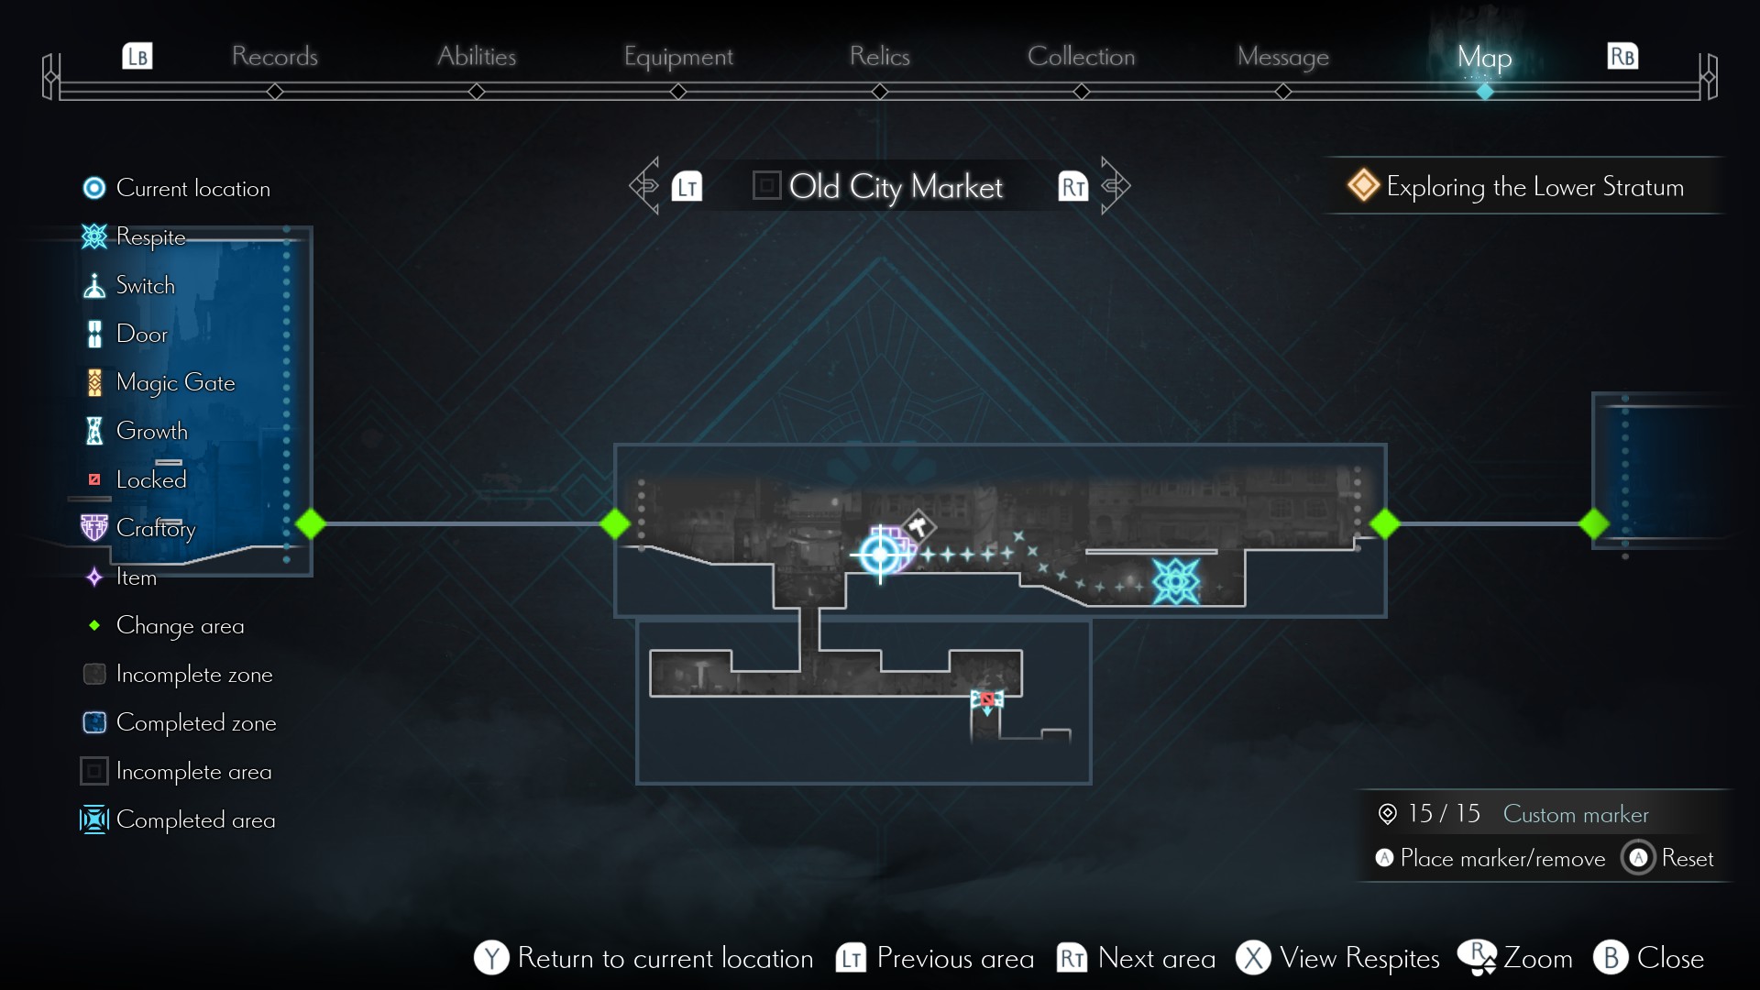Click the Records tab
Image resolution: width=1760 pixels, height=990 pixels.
tap(274, 57)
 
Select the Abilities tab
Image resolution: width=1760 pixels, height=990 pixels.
tap(476, 57)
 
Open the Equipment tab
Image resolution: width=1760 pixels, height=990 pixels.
tap(678, 57)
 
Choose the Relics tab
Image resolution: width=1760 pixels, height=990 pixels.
tap(879, 57)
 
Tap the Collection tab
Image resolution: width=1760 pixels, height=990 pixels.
tap(1081, 57)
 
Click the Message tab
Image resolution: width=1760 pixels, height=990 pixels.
tap(1282, 57)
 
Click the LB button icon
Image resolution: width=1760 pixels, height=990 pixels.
tap(137, 57)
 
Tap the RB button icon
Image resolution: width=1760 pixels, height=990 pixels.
tap(1622, 57)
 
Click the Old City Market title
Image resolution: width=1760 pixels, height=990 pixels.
tap(895, 187)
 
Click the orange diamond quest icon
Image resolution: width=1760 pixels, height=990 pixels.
tap(1363, 185)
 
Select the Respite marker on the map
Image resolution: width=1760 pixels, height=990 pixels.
tap(1175, 581)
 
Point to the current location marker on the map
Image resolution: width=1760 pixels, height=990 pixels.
tap(880, 554)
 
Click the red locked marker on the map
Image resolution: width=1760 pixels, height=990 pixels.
tap(987, 699)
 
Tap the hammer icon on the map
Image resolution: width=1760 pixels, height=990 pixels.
tap(918, 526)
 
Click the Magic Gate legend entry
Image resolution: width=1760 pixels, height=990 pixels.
tap(174, 382)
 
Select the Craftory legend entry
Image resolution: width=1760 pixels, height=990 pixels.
tap(154, 528)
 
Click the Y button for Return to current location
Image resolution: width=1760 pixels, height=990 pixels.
tap(491, 958)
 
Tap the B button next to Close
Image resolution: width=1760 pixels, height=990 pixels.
tap(1611, 958)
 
